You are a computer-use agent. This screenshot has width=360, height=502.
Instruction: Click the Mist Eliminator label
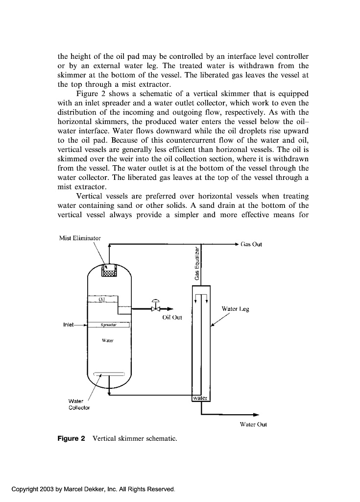click(x=80, y=238)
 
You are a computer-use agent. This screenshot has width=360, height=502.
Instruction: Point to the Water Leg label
click(x=235, y=309)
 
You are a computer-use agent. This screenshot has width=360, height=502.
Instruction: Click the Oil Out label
click(x=171, y=317)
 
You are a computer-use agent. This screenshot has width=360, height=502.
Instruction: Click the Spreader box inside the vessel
click(x=109, y=325)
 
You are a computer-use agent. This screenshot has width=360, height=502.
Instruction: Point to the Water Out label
click(x=253, y=425)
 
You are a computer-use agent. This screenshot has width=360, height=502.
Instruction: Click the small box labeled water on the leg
click(x=201, y=398)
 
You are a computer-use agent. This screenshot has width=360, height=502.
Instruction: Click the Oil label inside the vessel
click(x=102, y=299)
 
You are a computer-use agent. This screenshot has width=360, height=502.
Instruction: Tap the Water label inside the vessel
click(x=107, y=340)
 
